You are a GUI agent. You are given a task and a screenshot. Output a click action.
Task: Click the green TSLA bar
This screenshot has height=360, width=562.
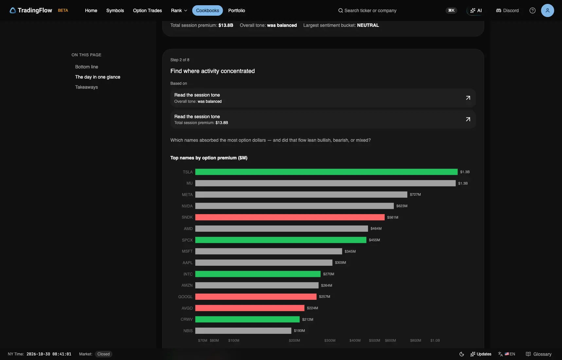coord(326,172)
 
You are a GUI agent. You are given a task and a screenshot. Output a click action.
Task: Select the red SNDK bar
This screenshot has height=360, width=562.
coord(290,217)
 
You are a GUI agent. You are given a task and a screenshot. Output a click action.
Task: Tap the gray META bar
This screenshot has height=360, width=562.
coord(301,194)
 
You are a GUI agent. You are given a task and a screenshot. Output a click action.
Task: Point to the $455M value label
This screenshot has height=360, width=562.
coord(375,240)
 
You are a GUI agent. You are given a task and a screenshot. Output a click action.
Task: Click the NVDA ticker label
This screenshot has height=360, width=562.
coord(187,206)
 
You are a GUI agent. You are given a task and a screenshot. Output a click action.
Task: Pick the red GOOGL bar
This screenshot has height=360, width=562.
coord(256,297)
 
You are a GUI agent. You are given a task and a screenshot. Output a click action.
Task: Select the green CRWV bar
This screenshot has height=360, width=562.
coord(247,319)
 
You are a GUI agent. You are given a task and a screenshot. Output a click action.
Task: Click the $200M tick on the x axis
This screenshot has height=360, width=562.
coord(294,340)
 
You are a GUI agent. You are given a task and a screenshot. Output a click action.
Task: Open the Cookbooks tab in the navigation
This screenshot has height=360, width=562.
coord(207,10)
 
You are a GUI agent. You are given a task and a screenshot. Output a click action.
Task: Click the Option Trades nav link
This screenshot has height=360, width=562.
coord(148,10)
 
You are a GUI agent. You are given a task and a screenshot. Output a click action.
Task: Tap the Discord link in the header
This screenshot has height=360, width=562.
coord(507,10)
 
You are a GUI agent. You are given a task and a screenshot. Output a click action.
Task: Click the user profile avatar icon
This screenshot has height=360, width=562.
coord(547,10)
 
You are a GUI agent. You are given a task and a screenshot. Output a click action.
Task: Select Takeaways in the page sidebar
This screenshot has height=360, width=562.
coord(86,87)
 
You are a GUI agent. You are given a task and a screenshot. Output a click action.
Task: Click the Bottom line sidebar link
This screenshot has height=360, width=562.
coord(87,67)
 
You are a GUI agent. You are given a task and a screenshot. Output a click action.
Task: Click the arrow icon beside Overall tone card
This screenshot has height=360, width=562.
coord(468,98)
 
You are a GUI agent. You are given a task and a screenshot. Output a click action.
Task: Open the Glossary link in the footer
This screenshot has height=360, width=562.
coord(538,354)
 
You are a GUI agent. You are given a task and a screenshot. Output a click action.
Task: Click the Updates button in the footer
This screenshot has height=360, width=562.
coord(481,354)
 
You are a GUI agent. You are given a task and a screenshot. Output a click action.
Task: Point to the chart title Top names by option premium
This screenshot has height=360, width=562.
coord(209,158)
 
